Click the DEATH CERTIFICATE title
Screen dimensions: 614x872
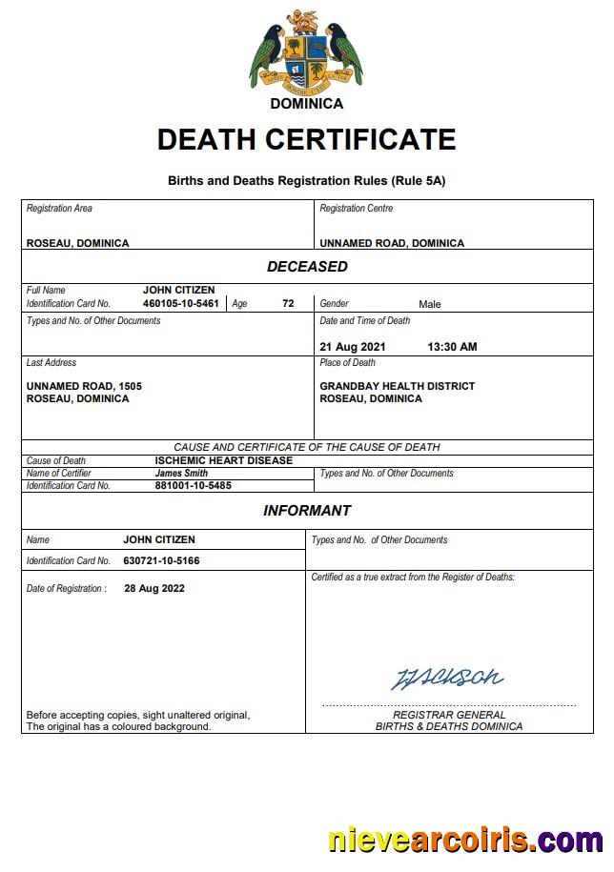tap(306, 140)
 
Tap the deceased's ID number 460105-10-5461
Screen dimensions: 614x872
tap(180, 303)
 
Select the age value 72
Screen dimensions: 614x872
tap(288, 303)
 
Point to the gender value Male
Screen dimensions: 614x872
tap(429, 304)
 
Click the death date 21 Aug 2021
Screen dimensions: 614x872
tap(353, 347)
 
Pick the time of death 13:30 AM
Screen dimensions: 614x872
tap(452, 347)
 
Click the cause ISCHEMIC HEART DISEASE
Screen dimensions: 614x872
tap(223, 460)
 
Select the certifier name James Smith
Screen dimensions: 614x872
tap(181, 473)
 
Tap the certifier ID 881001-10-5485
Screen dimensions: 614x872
tap(193, 485)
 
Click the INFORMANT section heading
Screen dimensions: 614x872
tap(306, 511)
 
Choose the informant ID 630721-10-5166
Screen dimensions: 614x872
tap(161, 561)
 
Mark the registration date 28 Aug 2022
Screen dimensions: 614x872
tap(154, 588)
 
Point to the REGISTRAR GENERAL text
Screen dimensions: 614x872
tap(449, 715)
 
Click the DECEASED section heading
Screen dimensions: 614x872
tap(306, 267)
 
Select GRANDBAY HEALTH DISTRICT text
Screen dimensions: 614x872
tap(397, 386)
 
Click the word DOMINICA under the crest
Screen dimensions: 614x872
tap(306, 103)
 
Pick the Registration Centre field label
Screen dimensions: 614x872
tap(356, 209)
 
